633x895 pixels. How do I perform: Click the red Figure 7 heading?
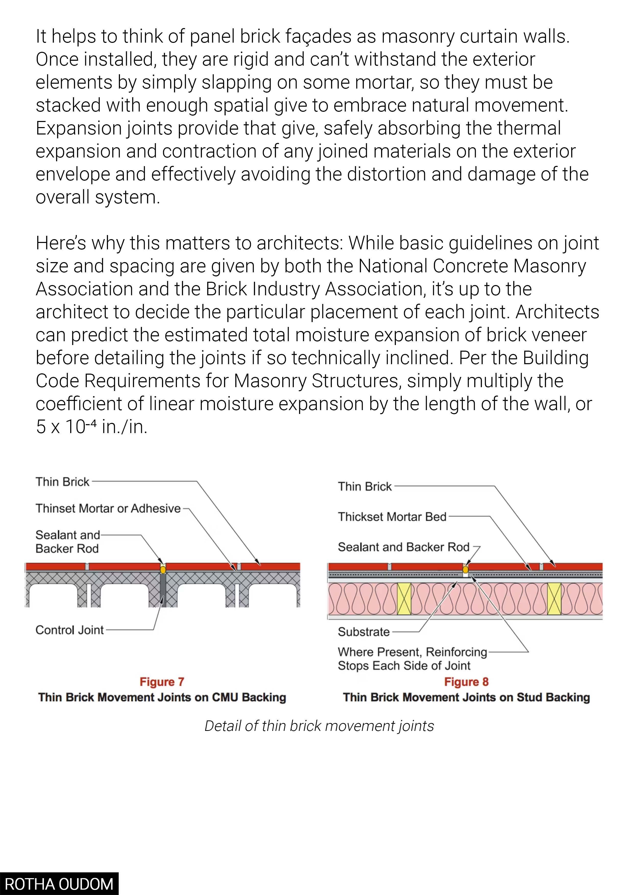click(x=162, y=682)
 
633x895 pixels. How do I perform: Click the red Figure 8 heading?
click(x=466, y=682)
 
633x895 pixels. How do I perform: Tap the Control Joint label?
click(x=69, y=630)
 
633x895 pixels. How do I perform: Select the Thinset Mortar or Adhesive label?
click(x=108, y=508)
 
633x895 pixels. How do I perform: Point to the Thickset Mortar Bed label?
click(x=392, y=517)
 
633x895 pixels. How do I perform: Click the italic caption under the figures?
click(x=319, y=726)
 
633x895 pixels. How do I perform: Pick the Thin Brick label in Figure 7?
click(x=62, y=482)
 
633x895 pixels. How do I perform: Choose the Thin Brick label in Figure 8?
click(x=364, y=486)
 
